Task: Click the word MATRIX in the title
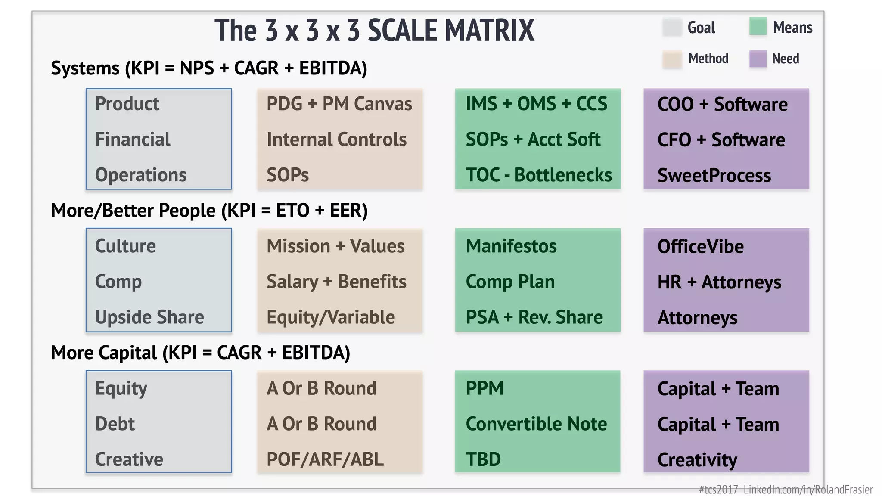(489, 31)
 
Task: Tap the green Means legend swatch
(758, 27)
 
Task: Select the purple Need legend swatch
(758, 59)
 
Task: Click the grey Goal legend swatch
(672, 27)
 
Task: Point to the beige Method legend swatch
(672, 59)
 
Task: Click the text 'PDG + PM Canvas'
(339, 104)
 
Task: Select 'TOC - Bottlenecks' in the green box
(538, 175)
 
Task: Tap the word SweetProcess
(714, 176)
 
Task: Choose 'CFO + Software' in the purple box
(721, 140)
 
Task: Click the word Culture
(125, 246)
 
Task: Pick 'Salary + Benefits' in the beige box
(336, 282)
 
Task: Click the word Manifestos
(511, 246)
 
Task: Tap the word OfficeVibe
(700, 247)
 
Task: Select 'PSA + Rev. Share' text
(534, 317)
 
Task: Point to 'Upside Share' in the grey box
(149, 317)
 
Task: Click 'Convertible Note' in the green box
(536, 424)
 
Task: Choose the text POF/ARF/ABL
(325, 459)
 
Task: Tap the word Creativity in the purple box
(697, 460)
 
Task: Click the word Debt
(115, 424)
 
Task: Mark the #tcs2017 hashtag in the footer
(718, 490)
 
